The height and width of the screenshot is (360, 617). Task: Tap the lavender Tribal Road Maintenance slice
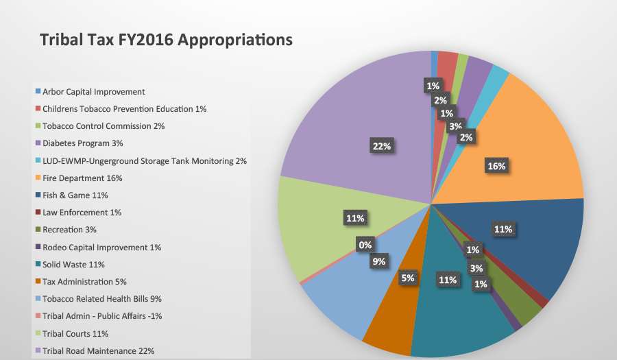pyautogui.click(x=356, y=123)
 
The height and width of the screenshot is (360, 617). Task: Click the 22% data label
pyautogui.click(x=381, y=146)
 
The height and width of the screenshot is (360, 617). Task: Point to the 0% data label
pyautogui.click(x=364, y=243)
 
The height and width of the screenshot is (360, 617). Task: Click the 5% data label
pyautogui.click(x=407, y=278)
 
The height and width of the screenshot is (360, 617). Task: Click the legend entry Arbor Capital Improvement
pyautogui.click(x=93, y=91)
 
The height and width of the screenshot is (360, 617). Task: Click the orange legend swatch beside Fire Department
pyautogui.click(x=37, y=178)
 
